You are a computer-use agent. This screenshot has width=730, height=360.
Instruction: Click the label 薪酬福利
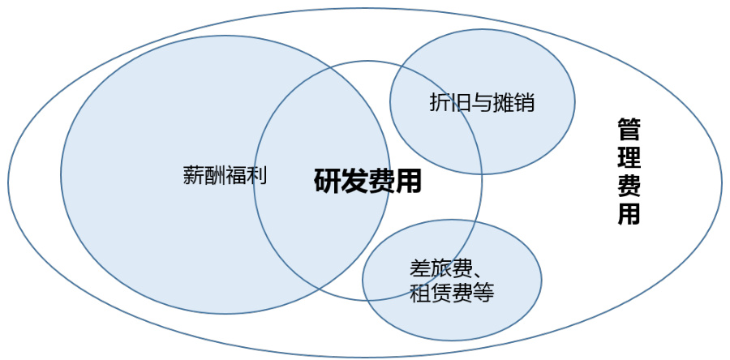pyautogui.click(x=225, y=175)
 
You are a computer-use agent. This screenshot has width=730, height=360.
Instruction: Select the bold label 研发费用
pyautogui.click(x=367, y=180)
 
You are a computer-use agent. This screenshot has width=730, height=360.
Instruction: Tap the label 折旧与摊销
pyautogui.click(x=482, y=103)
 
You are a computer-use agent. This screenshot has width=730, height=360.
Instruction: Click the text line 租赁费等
pyautogui.click(x=452, y=292)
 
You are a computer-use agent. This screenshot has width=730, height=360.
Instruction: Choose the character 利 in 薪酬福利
pyautogui.click(x=257, y=175)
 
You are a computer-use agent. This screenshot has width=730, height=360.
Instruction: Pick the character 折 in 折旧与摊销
pyautogui.click(x=439, y=103)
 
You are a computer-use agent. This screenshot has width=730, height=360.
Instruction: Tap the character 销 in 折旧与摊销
pyautogui.click(x=525, y=103)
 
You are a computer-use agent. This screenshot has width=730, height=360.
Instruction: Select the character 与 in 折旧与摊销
pyautogui.click(x=482, y=103)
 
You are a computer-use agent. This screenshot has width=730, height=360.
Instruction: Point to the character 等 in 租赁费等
pyautogui.click(x=483, y=292)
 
